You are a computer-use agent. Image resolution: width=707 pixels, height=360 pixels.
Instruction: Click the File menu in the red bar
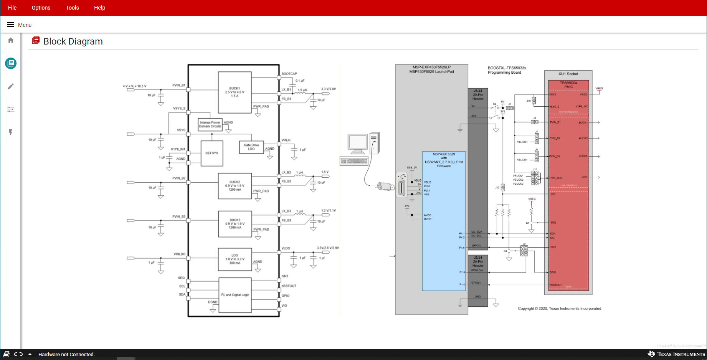tap(12, 8)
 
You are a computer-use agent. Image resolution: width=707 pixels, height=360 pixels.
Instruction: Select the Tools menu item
tap(72, 8)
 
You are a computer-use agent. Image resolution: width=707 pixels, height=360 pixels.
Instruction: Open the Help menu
tap(99, 8)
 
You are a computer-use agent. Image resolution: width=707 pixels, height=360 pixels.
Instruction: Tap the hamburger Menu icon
tap(10, 25)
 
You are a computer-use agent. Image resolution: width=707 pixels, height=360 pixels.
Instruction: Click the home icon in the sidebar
tap(11, 40)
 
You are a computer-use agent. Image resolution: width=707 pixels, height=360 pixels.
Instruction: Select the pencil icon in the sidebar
tap(11, 86)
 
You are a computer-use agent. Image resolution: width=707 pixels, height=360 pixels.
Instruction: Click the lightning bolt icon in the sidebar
tap(11, 132)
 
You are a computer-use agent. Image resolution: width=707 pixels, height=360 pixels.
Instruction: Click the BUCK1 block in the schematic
tap(235, 92)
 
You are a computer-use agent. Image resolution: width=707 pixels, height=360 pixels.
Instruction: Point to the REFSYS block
tap(211, 153)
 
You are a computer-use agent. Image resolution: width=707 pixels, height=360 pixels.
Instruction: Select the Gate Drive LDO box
tap(251, 147)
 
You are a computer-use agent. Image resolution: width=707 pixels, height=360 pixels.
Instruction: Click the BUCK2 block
tap(235, 186)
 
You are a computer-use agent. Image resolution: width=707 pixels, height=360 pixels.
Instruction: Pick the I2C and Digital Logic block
tap(235, 295)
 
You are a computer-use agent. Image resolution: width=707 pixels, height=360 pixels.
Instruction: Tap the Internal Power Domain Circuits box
tap(210, 124)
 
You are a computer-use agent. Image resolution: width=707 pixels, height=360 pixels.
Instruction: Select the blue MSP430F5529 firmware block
tap(444, 221)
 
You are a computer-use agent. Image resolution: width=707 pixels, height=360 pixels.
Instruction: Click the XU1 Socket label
tap(568, 74)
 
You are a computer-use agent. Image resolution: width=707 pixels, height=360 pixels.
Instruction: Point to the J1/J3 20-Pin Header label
tap(478, 95)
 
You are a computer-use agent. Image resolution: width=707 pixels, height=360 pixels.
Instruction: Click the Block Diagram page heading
tap(73, 41)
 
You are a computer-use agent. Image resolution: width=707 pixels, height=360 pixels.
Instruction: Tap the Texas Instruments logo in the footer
tap(676, 354)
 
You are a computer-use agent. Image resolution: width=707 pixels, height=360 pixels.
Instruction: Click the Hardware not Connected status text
tap(66, 354)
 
